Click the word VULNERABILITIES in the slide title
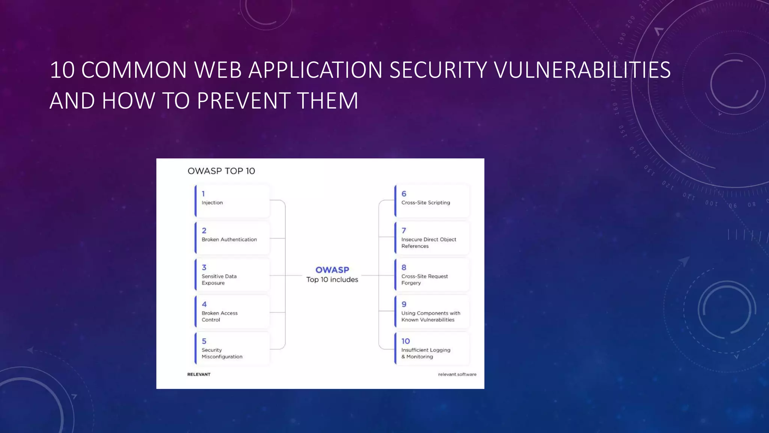pyautogui.click(x=582, y=70)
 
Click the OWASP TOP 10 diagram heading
pyautogui.click(x=221, y=171)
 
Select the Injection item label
pyautogui.click(x=212, y=203)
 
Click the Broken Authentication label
pyautogui.click(x=229, y=239)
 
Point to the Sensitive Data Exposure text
pyautogui.click(x=219, y=280)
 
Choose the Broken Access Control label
pyautogui.click(x=219, y=316)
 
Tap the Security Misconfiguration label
pyautogui.click(x=222, y=353)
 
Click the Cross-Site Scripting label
pyautogui.click(x=425, y=203)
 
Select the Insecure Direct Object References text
pyautogui.click(x=428, y=243)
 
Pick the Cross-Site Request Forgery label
pyautogui.click(x=424, y=280)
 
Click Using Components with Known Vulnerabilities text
pyautogui.click(x=430, y=316)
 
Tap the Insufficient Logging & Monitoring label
pyautogui.click(x=425, y=353)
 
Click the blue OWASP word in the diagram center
pyautogui.click(x=332, y=270)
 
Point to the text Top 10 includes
pyautogui.click(x=332, y=280)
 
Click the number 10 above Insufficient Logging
pyautogui.click(x=406, y=341)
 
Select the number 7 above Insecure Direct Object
pyautogui.click(x=404, y=231)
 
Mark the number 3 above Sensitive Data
pyautogui.click(x=204, y=268)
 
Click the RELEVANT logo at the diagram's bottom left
pyautogui.click(x=199, y=374)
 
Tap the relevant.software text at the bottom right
pyautogui.click(x=457, y=374)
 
